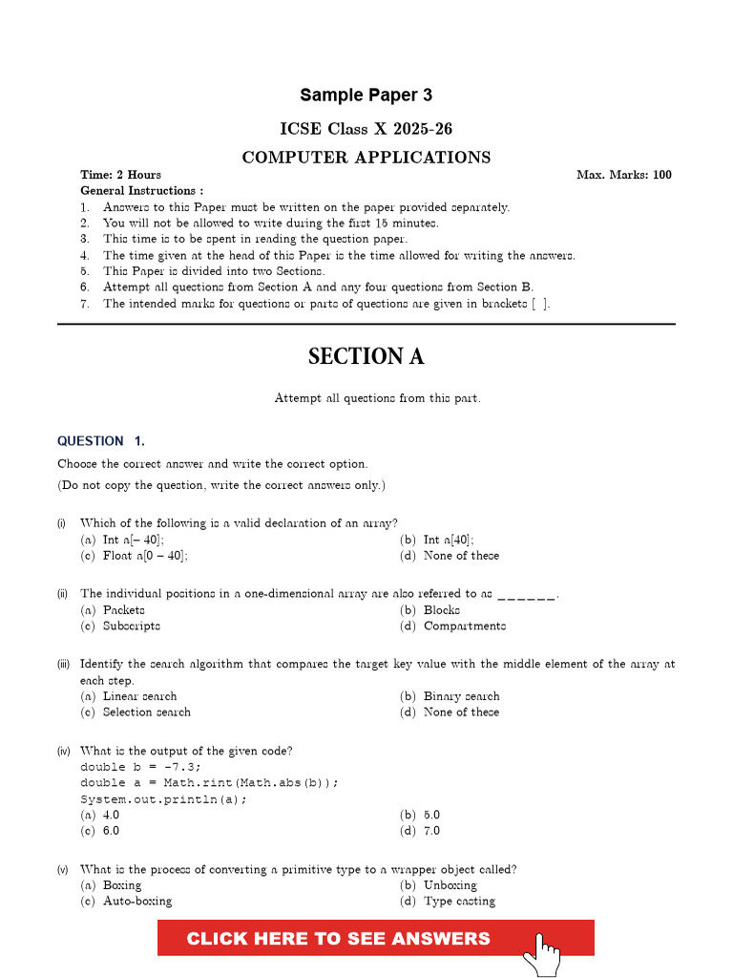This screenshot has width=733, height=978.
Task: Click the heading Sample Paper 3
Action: point(366,96)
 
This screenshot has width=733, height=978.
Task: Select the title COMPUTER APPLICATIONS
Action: point(366,158)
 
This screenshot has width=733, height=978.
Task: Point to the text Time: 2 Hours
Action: point(120,175)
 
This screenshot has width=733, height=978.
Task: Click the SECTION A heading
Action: point(366,356)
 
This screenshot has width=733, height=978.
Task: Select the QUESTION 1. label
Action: point(101,441)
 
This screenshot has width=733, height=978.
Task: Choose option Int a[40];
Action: point(449,540)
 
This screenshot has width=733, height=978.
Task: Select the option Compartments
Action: point(465,627)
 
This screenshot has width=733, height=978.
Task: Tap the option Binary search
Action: point(461,696)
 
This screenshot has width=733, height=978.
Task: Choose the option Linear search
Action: point(139,696)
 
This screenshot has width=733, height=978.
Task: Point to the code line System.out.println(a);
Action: point(163,799)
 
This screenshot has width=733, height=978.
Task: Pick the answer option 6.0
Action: point(111,831)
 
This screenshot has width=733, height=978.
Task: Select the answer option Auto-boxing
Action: point(137,901)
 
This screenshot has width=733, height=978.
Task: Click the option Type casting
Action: point(459,901)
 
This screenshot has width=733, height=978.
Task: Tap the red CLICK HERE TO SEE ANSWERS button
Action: point(339,938)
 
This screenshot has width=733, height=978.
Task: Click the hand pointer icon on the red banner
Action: point(546,954)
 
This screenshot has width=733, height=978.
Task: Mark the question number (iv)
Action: point(62,752)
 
